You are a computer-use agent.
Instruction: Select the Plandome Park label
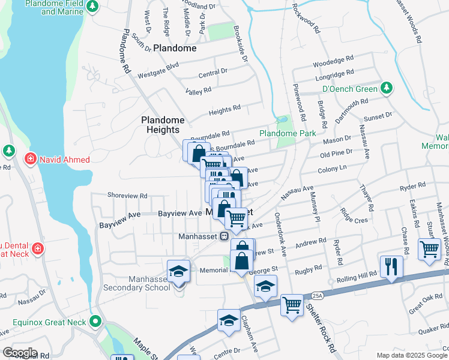(287, 133)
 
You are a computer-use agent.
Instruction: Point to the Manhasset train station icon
(223, 236)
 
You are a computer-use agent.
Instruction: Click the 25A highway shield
(317, 296)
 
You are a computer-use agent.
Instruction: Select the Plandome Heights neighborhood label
(160, 125)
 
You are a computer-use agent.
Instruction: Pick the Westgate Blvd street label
(158, 76)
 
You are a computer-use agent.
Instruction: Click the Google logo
(20, 353)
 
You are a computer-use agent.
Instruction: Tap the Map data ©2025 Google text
(411, 355)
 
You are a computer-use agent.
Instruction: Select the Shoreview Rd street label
(127, 196)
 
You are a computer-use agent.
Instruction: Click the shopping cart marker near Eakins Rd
(429, 248)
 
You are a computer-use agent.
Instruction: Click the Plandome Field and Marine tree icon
(92, 7)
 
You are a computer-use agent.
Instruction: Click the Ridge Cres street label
(354, 216)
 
